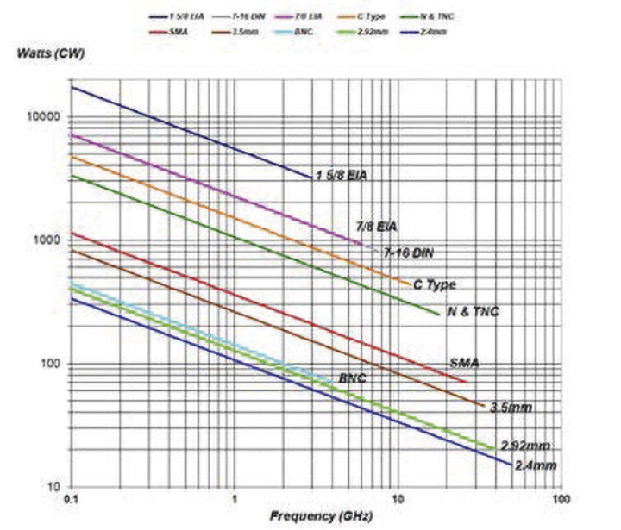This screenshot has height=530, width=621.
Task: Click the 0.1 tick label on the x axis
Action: point(72,499)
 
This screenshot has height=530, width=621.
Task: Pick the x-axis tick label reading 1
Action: point(235,499)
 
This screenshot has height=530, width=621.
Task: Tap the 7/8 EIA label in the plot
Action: point(377,228)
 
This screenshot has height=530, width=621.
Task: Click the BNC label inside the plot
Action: point(354,379)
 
